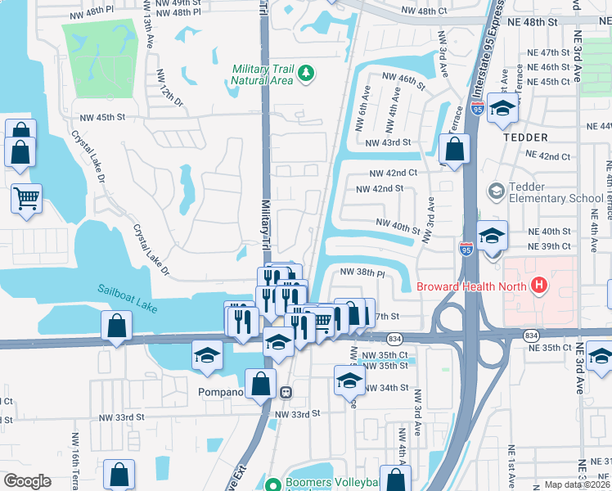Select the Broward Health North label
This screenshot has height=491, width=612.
pyautogui.click(x=471, y=286)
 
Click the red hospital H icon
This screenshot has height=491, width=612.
pyautogui.click(x=538, y=286)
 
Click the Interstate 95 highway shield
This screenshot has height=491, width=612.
pyautogui.click(x=466, y=245)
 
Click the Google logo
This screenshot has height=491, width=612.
pyautogui.click(x=27, y=480)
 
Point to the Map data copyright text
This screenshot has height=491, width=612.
pyautogui.click(x=565, y=484)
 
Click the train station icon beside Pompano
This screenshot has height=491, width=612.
pyautogui.click(x=286, y=392)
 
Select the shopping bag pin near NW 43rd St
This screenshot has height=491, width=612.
pyautogui.click(x=453, y=150)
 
